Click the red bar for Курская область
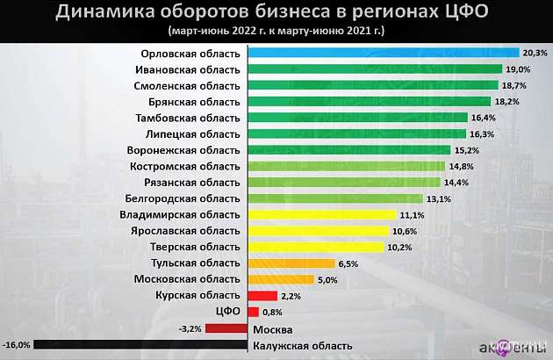[x=263, y=296]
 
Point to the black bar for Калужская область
[x=140, y=345]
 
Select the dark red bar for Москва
[x=226, y=328]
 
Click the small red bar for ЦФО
[x=254, y=312]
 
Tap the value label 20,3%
[x=534, y=54]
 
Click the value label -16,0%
[x=17, y=345]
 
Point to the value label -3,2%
[x=190, y=328]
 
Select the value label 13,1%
[x=440, y=198]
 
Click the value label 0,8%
[x=272, y=312]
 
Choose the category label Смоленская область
[x=186, y=86]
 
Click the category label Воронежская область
[x=183, y=150]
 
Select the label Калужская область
[x=302, y=346]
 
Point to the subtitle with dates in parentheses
[x=276, y=31]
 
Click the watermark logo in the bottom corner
[x=518, y=347]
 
